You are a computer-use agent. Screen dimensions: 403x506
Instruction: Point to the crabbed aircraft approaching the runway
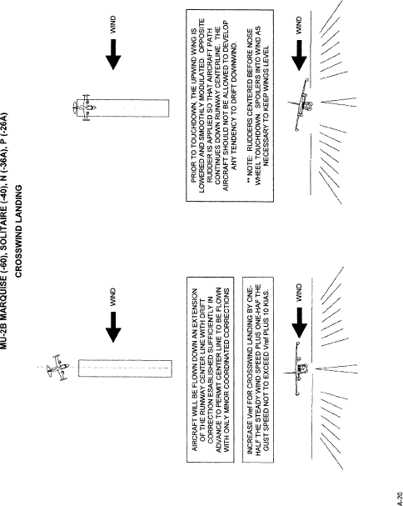[x=58, y=368]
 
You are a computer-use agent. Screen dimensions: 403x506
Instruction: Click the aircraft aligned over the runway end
[x=84, y=108]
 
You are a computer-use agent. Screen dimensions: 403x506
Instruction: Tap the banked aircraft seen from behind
[x=301, y=104]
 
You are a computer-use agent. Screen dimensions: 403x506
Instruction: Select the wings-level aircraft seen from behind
[x=299, y=368]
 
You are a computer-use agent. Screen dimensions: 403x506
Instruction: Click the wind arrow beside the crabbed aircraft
[x=113, y=327]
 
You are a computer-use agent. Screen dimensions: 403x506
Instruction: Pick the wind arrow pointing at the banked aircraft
[x=299, y=55]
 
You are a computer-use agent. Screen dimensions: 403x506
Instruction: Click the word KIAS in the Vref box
[x=266, y=296]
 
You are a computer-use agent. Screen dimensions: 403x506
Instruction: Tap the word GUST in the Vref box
[x=266, y=443]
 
